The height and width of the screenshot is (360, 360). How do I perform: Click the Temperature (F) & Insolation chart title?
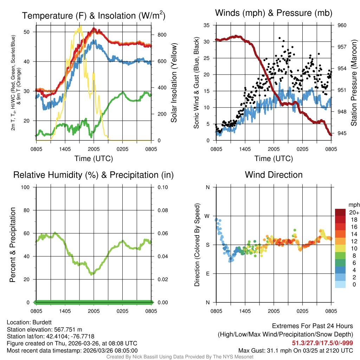point(94,15)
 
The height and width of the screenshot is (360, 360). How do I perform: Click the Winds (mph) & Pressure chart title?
point(274,13)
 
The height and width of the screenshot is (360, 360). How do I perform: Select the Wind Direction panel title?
point(274,174)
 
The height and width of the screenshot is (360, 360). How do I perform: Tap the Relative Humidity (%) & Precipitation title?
point(94,175)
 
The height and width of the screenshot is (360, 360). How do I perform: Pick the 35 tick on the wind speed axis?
point(207,25)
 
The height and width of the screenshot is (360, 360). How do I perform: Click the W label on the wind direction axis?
point(207,216)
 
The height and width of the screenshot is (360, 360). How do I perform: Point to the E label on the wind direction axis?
point(208,274)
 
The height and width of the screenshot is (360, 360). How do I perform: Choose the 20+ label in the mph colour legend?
point(354,212)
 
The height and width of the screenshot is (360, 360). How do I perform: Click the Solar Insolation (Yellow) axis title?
point(174,83)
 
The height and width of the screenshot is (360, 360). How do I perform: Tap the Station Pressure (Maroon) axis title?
point(354,83)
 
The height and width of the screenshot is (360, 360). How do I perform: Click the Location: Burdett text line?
point(24,322)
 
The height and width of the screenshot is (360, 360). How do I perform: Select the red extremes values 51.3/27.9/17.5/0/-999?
point(322,343)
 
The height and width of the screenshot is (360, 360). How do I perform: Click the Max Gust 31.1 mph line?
point(295,350)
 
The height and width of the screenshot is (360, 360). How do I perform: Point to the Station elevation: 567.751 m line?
point(44,329)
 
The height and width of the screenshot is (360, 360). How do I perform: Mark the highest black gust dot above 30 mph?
point(279,38)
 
